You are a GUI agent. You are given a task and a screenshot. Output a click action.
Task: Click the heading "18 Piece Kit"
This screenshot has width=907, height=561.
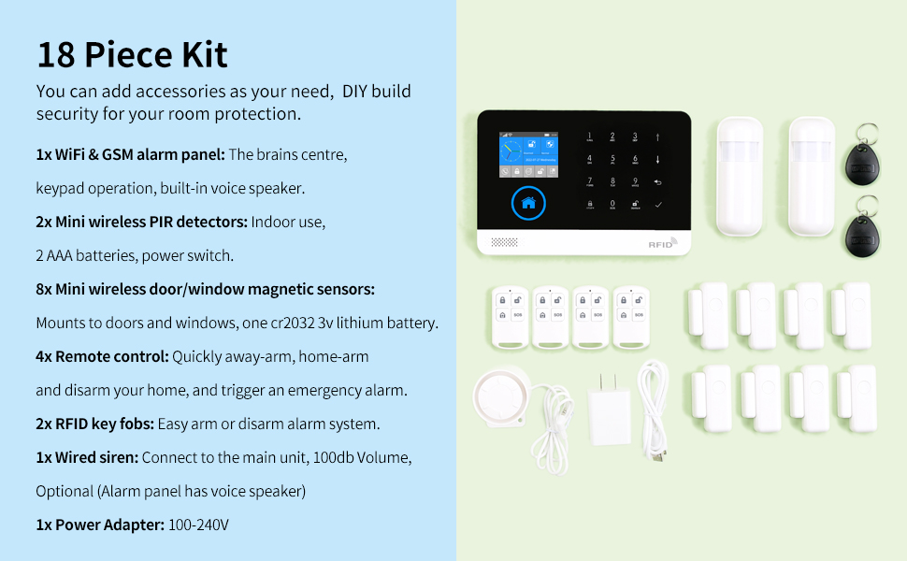coord(132,55)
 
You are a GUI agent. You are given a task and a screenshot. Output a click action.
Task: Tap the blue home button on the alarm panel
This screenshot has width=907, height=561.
coord(528,203)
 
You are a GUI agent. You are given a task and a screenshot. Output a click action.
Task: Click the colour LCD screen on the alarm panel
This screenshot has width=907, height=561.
coord(528,154)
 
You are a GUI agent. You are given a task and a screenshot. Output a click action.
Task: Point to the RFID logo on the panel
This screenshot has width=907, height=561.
coord(662,243)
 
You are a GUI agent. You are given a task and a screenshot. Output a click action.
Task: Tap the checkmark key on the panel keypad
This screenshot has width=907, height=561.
coord(657,205)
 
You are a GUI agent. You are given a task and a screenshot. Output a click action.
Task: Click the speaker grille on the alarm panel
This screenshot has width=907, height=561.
coord(504,242)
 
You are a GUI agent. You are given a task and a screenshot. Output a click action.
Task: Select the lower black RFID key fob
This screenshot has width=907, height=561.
coord(862,229)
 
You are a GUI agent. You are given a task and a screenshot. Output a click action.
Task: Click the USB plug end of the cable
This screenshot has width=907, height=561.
coord(657,456)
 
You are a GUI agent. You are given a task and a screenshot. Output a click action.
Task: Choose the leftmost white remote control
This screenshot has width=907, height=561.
coord(510,318)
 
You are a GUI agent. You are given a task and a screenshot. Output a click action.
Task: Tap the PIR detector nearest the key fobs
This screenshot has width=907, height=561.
coord(811,177)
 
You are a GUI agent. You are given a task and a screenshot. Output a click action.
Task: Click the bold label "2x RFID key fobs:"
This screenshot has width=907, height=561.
coord(94,424)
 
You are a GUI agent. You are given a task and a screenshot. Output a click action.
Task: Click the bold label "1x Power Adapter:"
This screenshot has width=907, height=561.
coord(100,525)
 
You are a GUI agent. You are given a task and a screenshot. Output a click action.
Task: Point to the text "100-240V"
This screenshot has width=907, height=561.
coord(198,525)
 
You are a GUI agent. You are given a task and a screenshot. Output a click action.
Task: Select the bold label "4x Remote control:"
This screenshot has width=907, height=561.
coord(102,356)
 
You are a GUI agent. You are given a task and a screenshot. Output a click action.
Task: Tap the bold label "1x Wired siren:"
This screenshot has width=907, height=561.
coord(87,457)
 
